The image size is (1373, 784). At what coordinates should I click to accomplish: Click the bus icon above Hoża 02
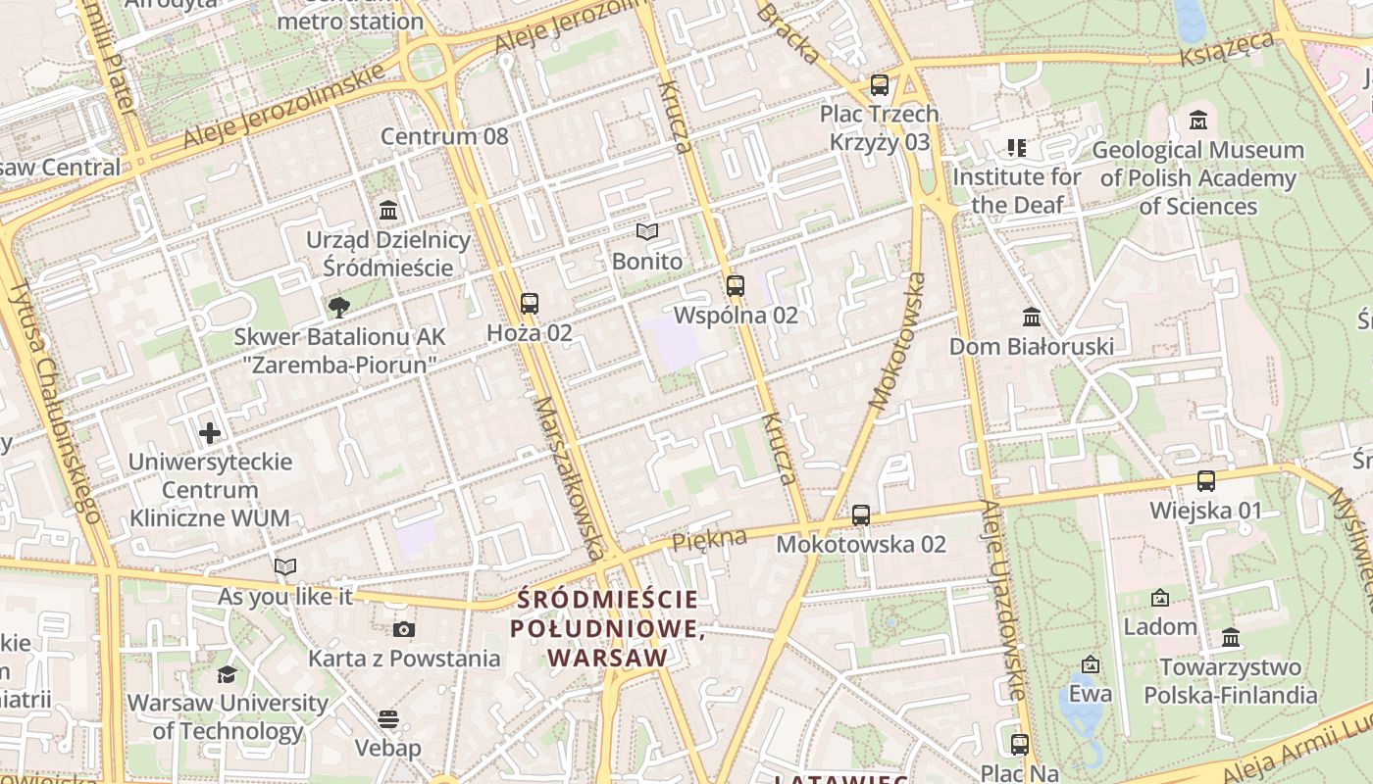click(530, 304)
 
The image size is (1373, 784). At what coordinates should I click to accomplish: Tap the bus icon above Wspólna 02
click(736, 286)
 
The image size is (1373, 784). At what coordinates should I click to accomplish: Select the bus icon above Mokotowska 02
click(861, 514)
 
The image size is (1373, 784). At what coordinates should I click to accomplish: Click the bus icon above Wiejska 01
click(1206, 481)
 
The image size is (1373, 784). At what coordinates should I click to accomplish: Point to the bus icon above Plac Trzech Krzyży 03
click(880, 85)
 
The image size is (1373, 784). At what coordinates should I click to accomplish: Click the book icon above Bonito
click(646, 232)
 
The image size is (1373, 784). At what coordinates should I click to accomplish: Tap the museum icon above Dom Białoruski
click(1032, 318)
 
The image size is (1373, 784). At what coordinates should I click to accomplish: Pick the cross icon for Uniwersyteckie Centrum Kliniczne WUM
click(210, 432)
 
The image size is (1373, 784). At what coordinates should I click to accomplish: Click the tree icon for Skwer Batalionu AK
click(339, 308)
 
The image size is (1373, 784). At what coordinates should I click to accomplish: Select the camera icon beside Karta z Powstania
click(404, 629)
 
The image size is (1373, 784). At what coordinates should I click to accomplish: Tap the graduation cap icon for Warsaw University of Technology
click(227, 674)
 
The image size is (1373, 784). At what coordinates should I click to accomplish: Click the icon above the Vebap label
click(388, 719)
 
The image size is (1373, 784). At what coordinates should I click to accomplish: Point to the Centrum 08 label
click(444, 136)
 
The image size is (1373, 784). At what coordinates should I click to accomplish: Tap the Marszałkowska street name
click(569, 478)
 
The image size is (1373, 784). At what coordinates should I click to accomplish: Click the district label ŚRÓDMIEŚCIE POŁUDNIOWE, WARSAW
click(608, 627)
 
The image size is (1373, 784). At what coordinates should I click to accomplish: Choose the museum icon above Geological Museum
click(1198, 122)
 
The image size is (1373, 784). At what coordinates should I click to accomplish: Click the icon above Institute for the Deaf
click(1016, 148)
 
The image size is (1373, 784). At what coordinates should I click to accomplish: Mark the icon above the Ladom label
click(1160, 598)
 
